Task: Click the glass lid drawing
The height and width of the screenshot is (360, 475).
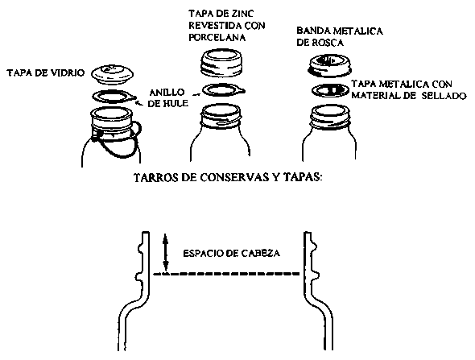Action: click(x=113, y=74)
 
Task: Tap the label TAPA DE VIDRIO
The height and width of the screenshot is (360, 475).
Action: click(x=46, y=73)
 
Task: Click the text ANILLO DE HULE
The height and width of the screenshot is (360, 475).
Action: click(x=167, y=97)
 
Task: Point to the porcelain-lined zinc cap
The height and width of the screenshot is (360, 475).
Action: click(x=222, y=62)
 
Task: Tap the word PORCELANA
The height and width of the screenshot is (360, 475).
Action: click(x=217, y=37)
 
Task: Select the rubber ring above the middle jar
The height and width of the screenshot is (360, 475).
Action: click(x=223, y=90)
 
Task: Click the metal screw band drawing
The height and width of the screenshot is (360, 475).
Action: click(x=329, y=65)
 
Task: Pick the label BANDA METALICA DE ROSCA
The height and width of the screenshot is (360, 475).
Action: click(x=340, y=37)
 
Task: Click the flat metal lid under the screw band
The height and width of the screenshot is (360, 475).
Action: click(x=331, y=90)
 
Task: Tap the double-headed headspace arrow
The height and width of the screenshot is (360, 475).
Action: click(x=165, y=252)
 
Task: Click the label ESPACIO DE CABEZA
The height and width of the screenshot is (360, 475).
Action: click(x=231, y=254)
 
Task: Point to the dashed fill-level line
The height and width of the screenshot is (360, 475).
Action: click(x=226, y=274)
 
